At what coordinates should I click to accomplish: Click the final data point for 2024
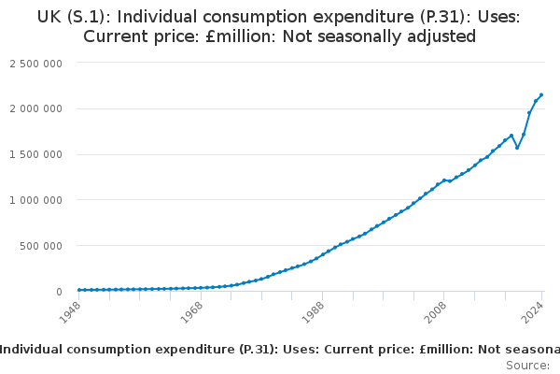point(541,95)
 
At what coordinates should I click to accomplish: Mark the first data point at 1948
point(79,290)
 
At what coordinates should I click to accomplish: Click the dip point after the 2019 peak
point(517,148)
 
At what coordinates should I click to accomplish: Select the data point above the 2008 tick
point(444,180)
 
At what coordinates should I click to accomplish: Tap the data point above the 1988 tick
point(322,254)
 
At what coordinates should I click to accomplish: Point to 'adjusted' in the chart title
point(440,36)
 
